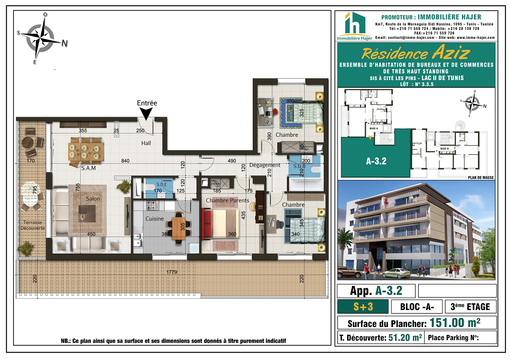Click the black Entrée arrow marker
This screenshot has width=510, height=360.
pos(146,113)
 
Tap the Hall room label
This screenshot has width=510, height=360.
pos(146,143)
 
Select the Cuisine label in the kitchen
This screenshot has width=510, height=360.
pos(154,219)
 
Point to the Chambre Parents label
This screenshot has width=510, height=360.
pos(228,201)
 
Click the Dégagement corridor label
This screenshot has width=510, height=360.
pos(265,165)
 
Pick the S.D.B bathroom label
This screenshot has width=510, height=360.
pos(299,166)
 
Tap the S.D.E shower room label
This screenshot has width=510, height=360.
pos(162,184)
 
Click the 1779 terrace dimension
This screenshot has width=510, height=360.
pos(172,272)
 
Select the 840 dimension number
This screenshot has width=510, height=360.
pos(125,161)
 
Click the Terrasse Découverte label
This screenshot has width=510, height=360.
pos(33,225)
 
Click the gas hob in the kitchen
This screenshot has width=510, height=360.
pos(153,205)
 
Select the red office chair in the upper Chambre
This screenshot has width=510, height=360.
pos(275,112)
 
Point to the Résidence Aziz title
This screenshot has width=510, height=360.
pos(416,52)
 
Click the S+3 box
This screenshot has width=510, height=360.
pos(363,307)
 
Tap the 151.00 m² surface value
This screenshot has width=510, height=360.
pos(455,323)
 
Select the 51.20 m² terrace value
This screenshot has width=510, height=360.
pos(405,338)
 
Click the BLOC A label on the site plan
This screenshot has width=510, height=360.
pos(373,129)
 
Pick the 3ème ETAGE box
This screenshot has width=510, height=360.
pos(471,307)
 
